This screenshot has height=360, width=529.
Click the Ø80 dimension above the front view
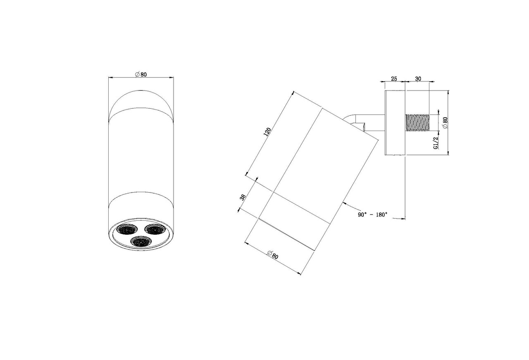coord(141,74)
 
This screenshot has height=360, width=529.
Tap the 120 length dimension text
coord(267,132)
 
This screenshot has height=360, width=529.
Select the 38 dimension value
coord(243,197)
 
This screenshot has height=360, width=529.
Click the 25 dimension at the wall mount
coord(394,79)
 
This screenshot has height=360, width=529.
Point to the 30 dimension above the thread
coord(418,79)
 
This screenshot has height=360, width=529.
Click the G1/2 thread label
coord(436,143)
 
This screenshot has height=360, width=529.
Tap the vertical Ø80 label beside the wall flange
coord(445,123)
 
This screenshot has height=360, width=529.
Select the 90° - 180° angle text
coord(372,215)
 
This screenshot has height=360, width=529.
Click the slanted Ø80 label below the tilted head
coord(273,255)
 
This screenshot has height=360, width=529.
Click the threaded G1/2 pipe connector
coord(417,123)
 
